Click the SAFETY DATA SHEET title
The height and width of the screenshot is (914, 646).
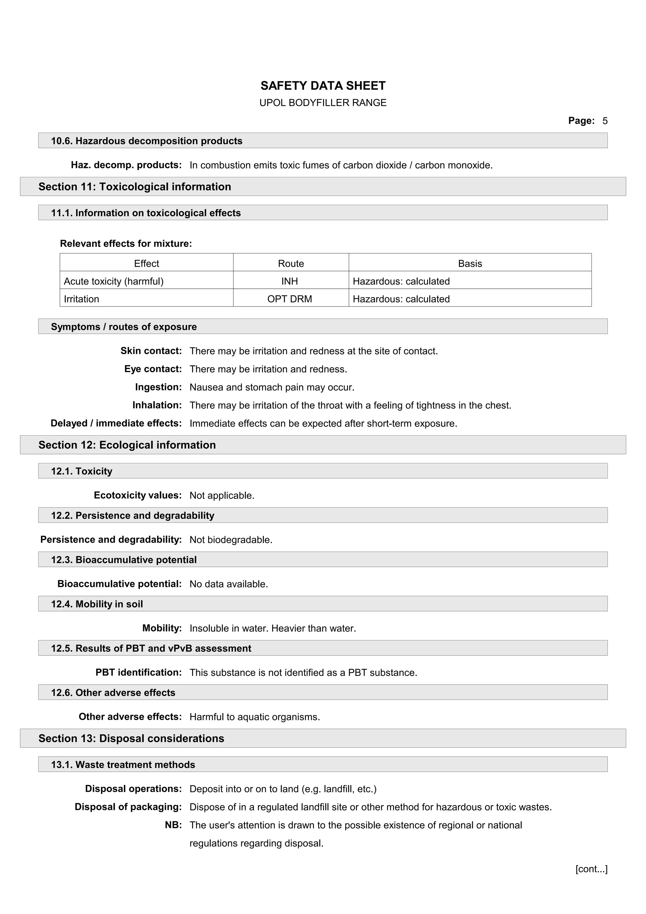coord(323,85)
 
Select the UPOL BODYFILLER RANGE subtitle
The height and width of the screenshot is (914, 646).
coord(323,103)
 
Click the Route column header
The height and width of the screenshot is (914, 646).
coord(291,264)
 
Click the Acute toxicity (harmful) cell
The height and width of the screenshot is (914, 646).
coord(114,281)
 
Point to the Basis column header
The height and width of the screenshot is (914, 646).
coord(470,264)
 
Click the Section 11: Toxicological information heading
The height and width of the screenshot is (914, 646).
coord(135,186)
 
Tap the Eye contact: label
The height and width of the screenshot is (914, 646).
coord(153,369)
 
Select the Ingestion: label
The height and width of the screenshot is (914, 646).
coord(158,387)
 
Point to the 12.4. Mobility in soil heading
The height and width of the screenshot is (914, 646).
coord(97,604)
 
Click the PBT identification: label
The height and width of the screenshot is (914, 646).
coord(138,672)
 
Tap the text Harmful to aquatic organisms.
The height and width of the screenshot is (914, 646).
coord(255,717)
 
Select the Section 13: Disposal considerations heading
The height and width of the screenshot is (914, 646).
coord(131,738)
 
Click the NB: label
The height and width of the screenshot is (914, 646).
coord(173,825)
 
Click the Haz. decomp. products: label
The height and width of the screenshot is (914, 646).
coord(126,165)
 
